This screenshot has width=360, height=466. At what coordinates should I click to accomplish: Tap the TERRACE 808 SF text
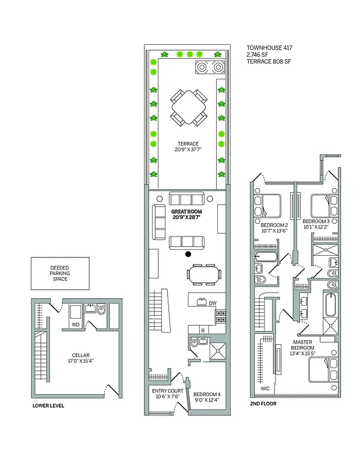[268, 61]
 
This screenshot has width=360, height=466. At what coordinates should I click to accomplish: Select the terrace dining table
[188, 107]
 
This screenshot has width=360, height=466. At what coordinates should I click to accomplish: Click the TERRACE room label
[188, 144]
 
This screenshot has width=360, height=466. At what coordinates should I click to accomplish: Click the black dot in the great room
[188, 255]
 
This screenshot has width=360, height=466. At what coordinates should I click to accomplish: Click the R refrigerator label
[202, 330]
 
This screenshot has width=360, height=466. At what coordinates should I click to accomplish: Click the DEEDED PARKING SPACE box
[60, 274]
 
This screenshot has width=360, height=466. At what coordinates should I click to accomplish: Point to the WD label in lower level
[75, 324]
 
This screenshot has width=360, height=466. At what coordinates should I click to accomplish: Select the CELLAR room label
[80, 356]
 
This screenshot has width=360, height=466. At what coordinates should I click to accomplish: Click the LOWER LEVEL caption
[48, 405]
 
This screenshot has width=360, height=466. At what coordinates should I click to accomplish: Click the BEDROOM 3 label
[316, 222]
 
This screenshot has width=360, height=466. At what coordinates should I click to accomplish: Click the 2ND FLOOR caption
[264, 403]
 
